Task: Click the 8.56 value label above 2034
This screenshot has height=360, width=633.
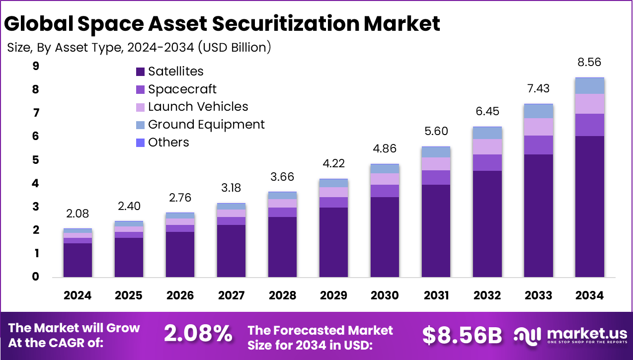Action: click(590, 63)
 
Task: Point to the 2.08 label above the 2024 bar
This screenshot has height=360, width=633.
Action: click(78, 214)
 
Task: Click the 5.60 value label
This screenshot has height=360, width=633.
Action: click(436, 132)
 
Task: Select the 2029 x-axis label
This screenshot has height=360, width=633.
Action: click(333, 295)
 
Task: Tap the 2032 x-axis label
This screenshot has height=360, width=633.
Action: click(487, 295)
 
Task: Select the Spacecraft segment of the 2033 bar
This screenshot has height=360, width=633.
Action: click(539, 145)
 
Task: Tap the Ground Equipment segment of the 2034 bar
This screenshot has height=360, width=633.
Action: click(590, 86)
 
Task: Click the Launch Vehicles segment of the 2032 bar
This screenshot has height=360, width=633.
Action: click(487, 146)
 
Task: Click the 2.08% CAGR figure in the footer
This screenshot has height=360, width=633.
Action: click(198, 334)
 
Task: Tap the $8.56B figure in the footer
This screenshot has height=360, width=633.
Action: click(462, 335)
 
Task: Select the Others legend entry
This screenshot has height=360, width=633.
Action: click(168, 143)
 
